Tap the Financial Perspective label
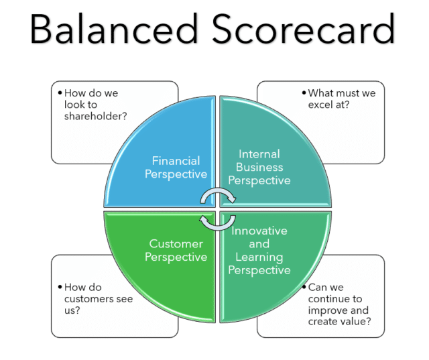coord(176,168)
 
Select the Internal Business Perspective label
coord(259,168)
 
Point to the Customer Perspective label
coord(176,251)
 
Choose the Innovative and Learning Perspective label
coord(259,251)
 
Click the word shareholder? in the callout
coord(96,117)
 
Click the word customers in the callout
coord(100,299)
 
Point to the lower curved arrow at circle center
coord(218,222)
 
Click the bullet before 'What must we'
coord(303,93)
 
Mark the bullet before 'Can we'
coord(303,287)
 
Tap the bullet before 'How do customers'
coord(59,287)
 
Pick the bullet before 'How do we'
coord(59,93)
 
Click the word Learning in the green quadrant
coord(259,257)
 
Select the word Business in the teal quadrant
coord(259,168)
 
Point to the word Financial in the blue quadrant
coord(176,161)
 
